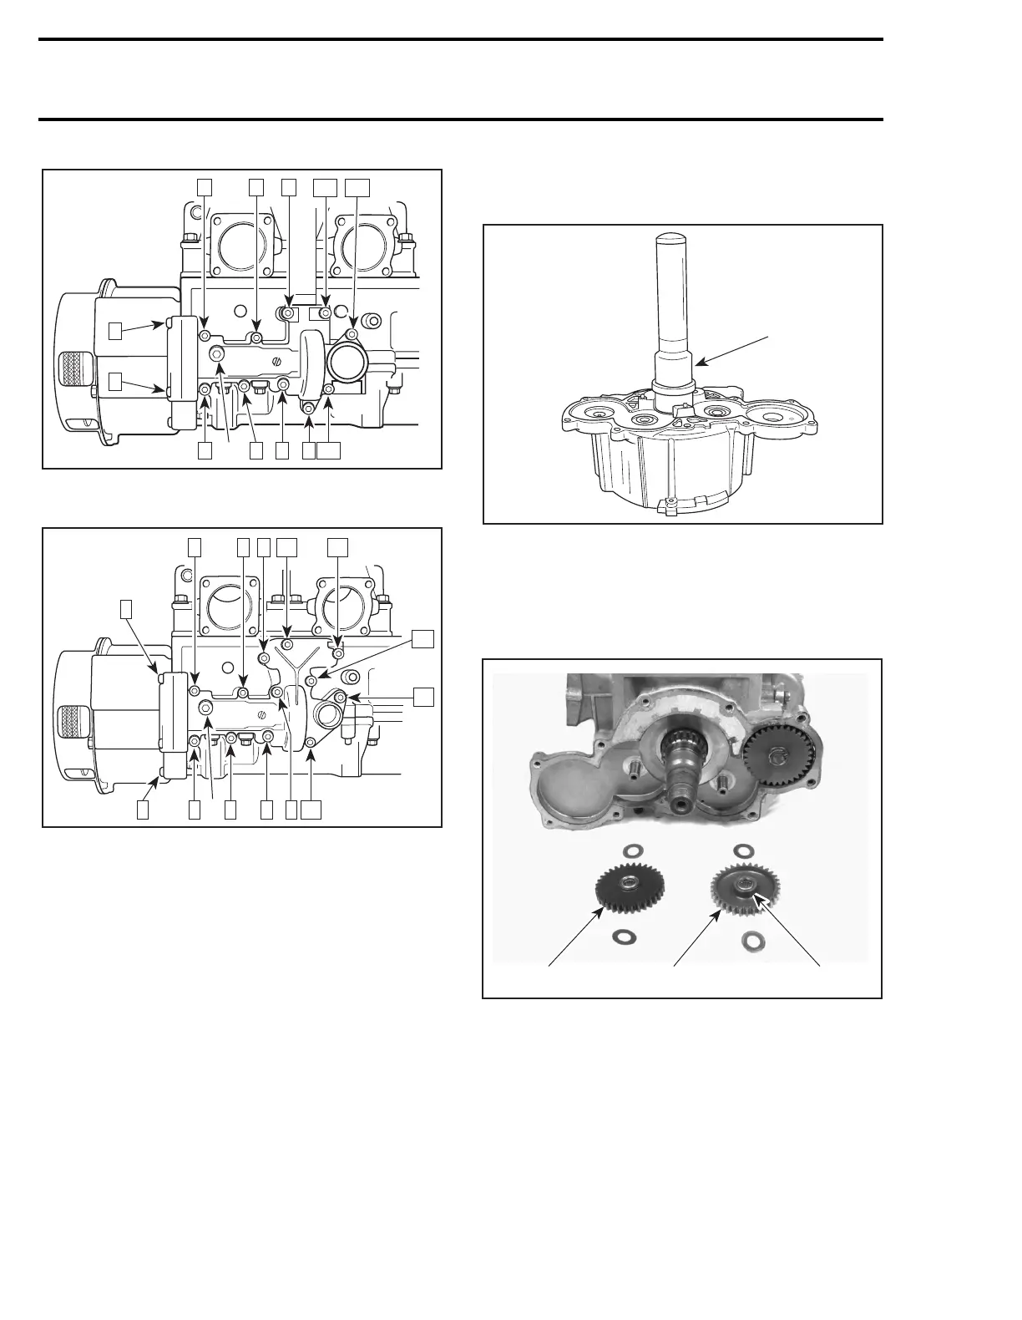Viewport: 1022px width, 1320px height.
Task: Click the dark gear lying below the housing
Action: click(625, 888)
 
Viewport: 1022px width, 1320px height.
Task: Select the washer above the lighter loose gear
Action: click(741, 850)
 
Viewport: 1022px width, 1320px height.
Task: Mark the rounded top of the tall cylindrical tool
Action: click(672, 239)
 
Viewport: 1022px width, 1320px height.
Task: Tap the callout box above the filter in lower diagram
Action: click(126, 608)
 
